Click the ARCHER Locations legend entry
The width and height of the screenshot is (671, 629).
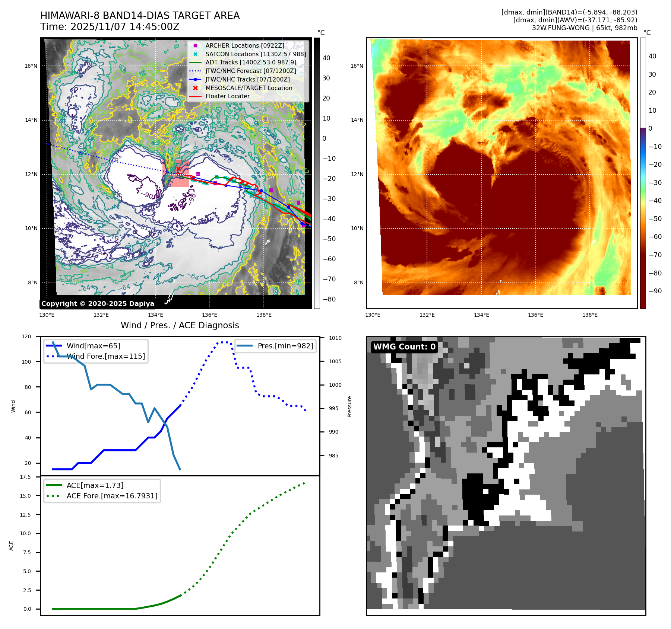244,45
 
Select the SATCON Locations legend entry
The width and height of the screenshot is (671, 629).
256,54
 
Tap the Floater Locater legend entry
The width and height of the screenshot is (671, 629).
227,96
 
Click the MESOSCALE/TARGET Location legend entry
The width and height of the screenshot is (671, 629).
249,88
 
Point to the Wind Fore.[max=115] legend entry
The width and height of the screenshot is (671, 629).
105,356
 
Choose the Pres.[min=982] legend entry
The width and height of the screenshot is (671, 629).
285,346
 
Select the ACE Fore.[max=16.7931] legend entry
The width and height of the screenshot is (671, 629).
112,496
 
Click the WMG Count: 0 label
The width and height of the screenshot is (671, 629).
404,347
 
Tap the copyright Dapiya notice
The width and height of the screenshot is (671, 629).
98,304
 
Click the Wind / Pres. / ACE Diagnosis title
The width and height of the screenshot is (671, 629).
180,325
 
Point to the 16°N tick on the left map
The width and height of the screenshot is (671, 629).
31,66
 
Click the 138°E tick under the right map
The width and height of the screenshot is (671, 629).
590,315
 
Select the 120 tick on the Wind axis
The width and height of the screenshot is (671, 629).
26,336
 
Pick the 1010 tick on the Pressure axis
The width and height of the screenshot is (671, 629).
335,338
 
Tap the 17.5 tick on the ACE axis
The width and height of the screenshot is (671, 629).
25,477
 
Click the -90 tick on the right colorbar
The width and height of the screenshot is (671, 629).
655,291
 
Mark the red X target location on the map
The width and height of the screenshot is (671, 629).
178,169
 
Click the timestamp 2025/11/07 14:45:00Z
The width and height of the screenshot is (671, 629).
125,27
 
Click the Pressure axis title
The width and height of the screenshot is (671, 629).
349,406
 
